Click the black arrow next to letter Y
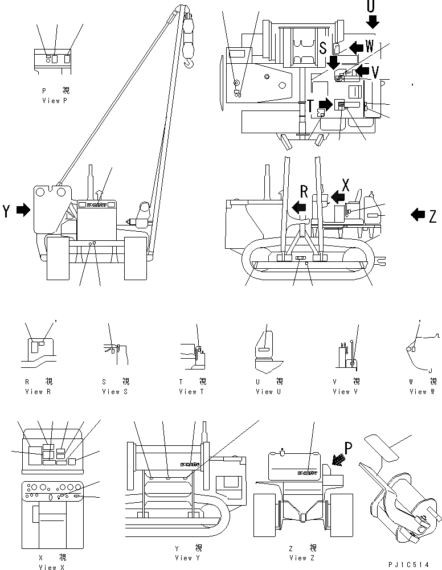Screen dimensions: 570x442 pyautogui.click(x=23, y=211)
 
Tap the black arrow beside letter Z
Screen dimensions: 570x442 pyautogui.click(x=417, y=215)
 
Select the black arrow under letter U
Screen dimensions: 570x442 pyautogui.click(x=372, y=22)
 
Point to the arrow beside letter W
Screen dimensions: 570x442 pyautogui.click(x=357, y=47)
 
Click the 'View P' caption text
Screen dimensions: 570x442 pyautogui.click(x=55, y=101)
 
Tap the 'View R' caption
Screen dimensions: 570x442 pyautogui.click(x=38, y=392)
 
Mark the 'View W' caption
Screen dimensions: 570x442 pyautogui.click(x=421, y=392)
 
